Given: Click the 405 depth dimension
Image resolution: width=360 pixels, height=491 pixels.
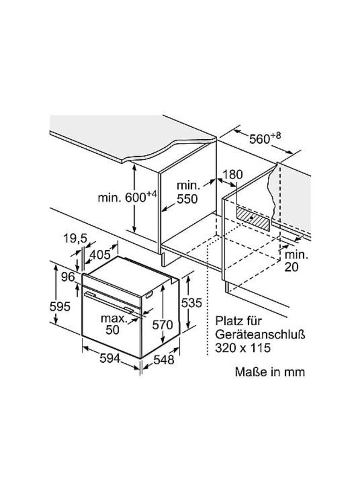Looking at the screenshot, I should [100, 254].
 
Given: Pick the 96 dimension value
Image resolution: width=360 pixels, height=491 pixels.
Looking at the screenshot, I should [68, 277].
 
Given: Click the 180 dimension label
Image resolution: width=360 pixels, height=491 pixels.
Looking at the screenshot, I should [232, 175].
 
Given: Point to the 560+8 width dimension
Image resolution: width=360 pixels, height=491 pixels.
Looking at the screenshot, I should [265, 140].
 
